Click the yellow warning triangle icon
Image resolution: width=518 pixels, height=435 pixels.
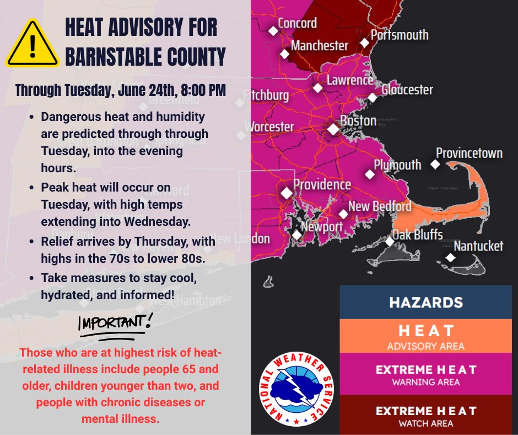[x=33, y=46]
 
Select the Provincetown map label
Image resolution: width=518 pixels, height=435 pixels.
[x=469, y=152]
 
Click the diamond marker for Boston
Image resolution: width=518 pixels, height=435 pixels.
[x=333, y=129]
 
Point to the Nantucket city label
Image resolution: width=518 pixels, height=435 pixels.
[x=478, y=245]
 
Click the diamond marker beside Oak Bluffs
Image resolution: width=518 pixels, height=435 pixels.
[x=390, y=241]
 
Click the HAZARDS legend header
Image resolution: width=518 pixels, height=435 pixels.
[x=425, y=303]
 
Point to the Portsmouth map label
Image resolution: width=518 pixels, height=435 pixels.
[x=400, y=35]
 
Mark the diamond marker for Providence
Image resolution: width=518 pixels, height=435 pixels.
[x=287, y=193]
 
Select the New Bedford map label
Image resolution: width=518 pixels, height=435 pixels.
[x=380, y=206]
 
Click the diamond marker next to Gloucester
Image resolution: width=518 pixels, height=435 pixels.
[x=373, y=98]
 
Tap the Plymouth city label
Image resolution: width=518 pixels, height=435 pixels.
[x=397, y=165]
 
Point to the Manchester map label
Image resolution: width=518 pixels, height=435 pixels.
[x=320, y=45]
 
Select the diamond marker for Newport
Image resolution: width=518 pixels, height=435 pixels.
[x=297, y=235]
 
